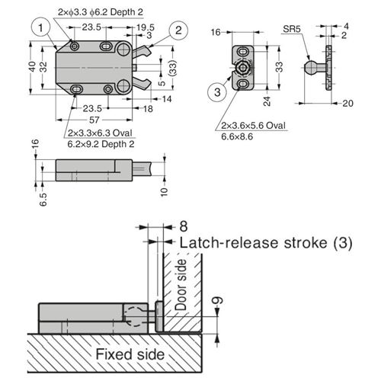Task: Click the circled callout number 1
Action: click(x=40, y=27)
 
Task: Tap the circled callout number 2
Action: click(x=178, y=30)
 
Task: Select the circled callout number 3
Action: click(x=217, y=92)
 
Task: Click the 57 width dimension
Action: click(x=94, y=120)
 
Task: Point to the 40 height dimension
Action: click(x=33, y=66)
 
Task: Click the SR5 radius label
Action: click(x=292, y=29)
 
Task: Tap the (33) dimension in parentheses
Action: click(x=173, y=68)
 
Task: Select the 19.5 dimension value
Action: click(x=146, y=27)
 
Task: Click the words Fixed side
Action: click(x=130, y=354)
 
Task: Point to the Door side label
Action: click(x=181, y=285)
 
